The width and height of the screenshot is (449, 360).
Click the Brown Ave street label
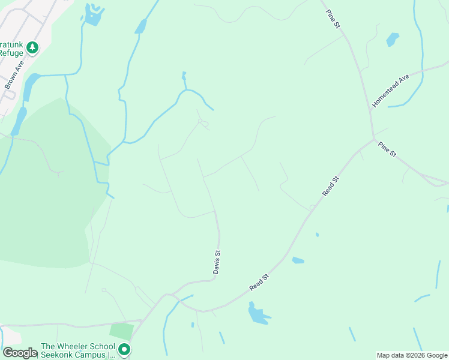coord(13,75)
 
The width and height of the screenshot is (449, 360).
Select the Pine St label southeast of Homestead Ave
coord(387,149)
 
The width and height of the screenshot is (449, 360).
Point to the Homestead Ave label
coord(390,91)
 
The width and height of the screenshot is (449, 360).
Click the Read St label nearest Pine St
coord(331,185)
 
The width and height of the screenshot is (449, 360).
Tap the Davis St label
coord(218,262)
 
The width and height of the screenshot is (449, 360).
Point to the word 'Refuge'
coord(11,53)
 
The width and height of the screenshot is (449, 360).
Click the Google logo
coord(20,353)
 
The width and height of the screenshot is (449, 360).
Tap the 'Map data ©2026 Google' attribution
coord(412,355)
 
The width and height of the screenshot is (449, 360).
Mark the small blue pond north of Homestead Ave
coord(393,40)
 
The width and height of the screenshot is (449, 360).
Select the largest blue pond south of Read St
coord(258,314)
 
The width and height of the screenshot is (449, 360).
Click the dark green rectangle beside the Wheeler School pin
coord(122,331)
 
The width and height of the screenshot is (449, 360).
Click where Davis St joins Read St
coord(174,295)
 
